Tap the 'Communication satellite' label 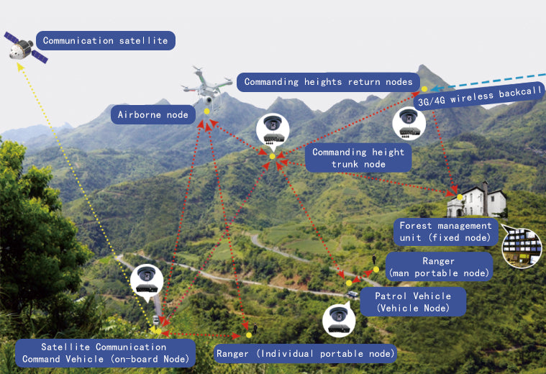coord(105,41)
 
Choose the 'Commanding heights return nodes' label coord(328,82)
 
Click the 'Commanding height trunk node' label coord(358,158)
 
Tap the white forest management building coord(475,199)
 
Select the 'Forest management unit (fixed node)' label coord(445,232)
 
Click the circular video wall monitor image coord(522,247)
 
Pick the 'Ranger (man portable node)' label coord(438,267)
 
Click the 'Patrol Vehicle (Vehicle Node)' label coord(414,302)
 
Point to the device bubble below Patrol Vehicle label coord(339,321)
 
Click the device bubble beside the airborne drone coord(273,130)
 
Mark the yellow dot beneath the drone coord(206,111)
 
